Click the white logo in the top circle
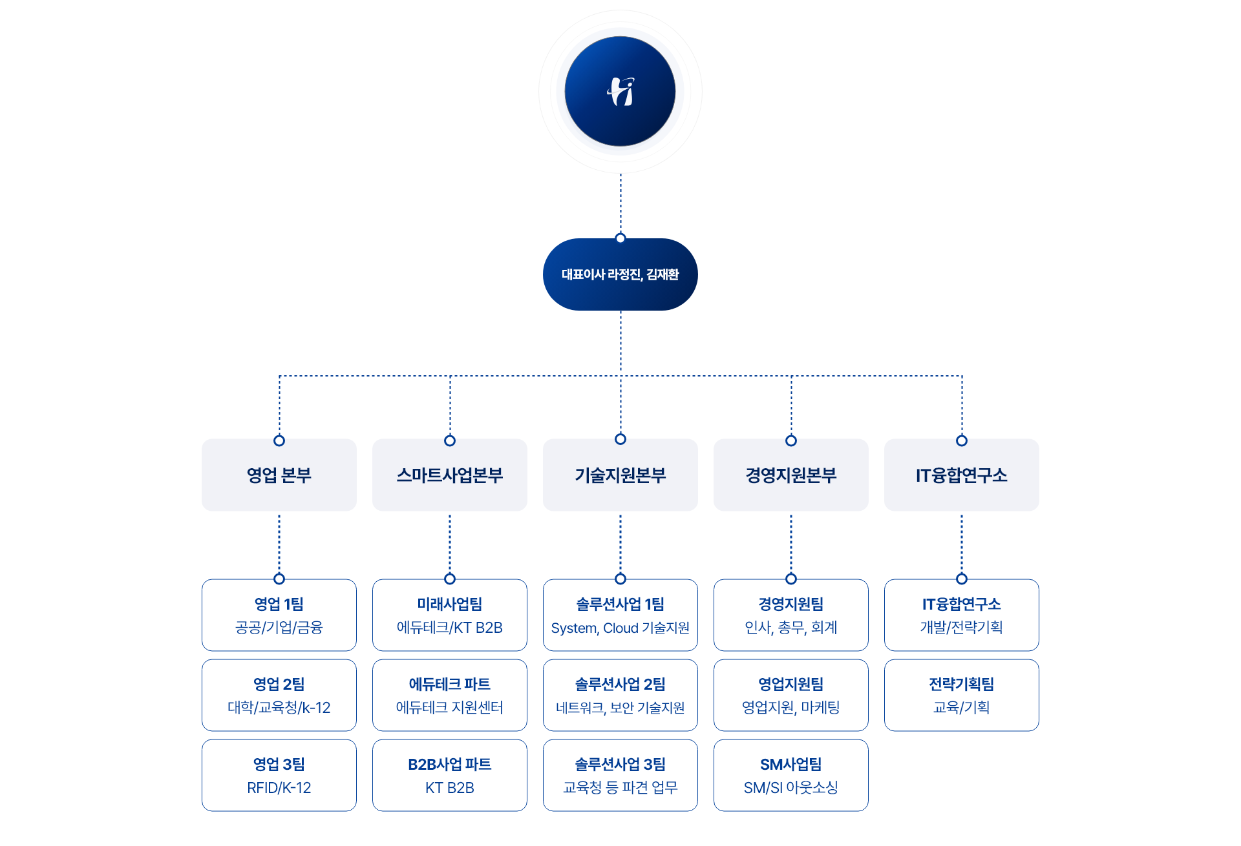(x=620, y=92)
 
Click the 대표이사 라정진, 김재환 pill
(x=620, y=274)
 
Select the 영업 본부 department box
(x=279, y=476)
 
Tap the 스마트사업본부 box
(x=450, y=476)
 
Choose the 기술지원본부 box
(x=620, y=476)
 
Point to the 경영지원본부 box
(x=791, y=476)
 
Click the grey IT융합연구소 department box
(x=962, y=476)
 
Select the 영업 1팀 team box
(x=279, y=615)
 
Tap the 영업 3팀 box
(x=279, y=775)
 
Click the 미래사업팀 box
(x=450, y=615)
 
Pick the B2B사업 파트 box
(x=450, y=775)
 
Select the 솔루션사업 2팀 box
(x=620, y=695)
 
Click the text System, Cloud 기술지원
(x=620, y=628)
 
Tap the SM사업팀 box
(x=791, y=775)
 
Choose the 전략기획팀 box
(x=962, y=695)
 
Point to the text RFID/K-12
(x=279, y=788)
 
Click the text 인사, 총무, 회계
(x=791, y=628)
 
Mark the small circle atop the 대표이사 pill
(x=620, y=238)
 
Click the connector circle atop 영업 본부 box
(x=279, y=440)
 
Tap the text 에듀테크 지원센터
(x=450, y=708)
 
